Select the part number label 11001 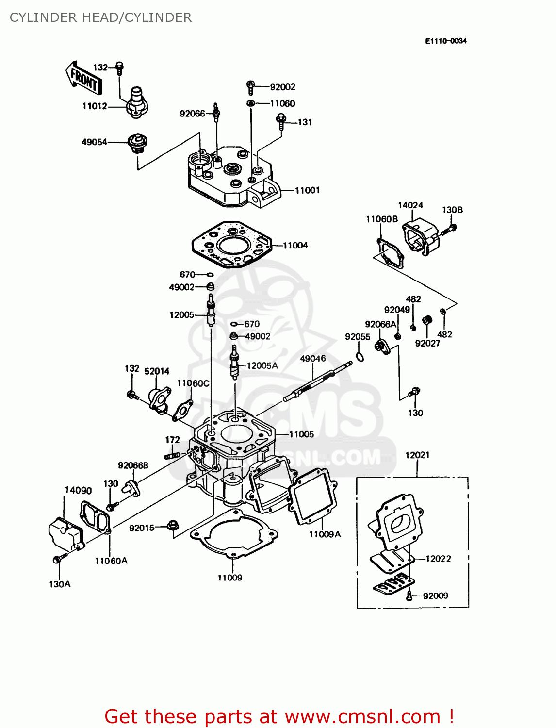308,190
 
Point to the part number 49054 94,142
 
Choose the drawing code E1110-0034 445,41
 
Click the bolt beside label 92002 251,87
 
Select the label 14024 410,205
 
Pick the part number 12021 417,455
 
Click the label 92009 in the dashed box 435,596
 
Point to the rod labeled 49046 318,381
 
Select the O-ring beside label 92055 359,358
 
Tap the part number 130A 60,584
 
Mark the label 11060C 193,383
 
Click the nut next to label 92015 173,526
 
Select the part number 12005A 262,365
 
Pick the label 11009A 325,534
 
